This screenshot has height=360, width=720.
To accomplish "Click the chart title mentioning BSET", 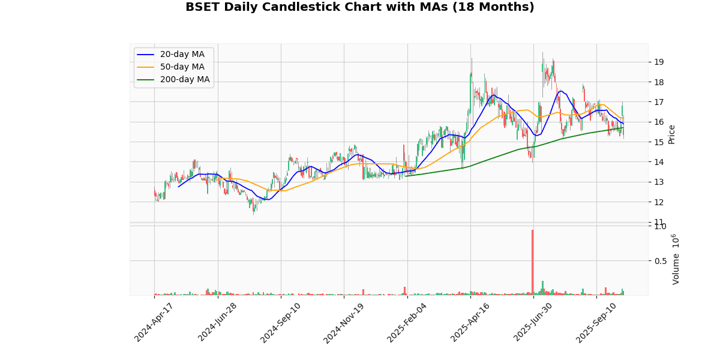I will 359,7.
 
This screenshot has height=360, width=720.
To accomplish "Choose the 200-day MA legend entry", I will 184,80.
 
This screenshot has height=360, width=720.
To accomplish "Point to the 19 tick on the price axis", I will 658,62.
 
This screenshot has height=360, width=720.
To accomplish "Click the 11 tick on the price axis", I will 658,222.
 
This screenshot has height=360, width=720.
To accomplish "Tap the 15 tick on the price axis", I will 658,142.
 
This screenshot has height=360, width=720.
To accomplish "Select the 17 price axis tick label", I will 658,102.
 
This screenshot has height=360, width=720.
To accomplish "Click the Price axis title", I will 671,134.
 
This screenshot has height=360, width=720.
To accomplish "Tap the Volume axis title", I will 676,259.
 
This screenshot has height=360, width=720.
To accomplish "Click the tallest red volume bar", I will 532,262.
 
